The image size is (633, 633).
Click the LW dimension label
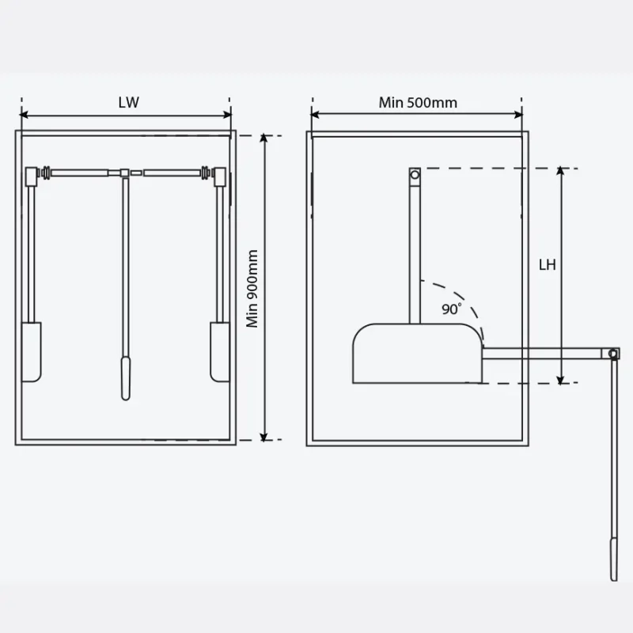tap(127, 102)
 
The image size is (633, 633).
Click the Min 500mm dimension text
tap(417, 102)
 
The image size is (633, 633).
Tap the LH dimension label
tap(548, 265)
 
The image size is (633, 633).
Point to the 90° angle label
tap(452, 309)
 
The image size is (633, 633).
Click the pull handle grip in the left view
tap(124, 378)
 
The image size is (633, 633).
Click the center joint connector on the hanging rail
tap(124, 171)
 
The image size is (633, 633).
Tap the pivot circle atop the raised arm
tap(415, 174)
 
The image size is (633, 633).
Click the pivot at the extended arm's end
tap(613, 353)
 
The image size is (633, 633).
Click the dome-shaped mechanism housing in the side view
tap(416, 353)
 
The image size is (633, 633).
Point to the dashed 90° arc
tap(464, 299)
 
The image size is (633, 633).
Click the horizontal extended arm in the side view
tap(546, 354)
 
